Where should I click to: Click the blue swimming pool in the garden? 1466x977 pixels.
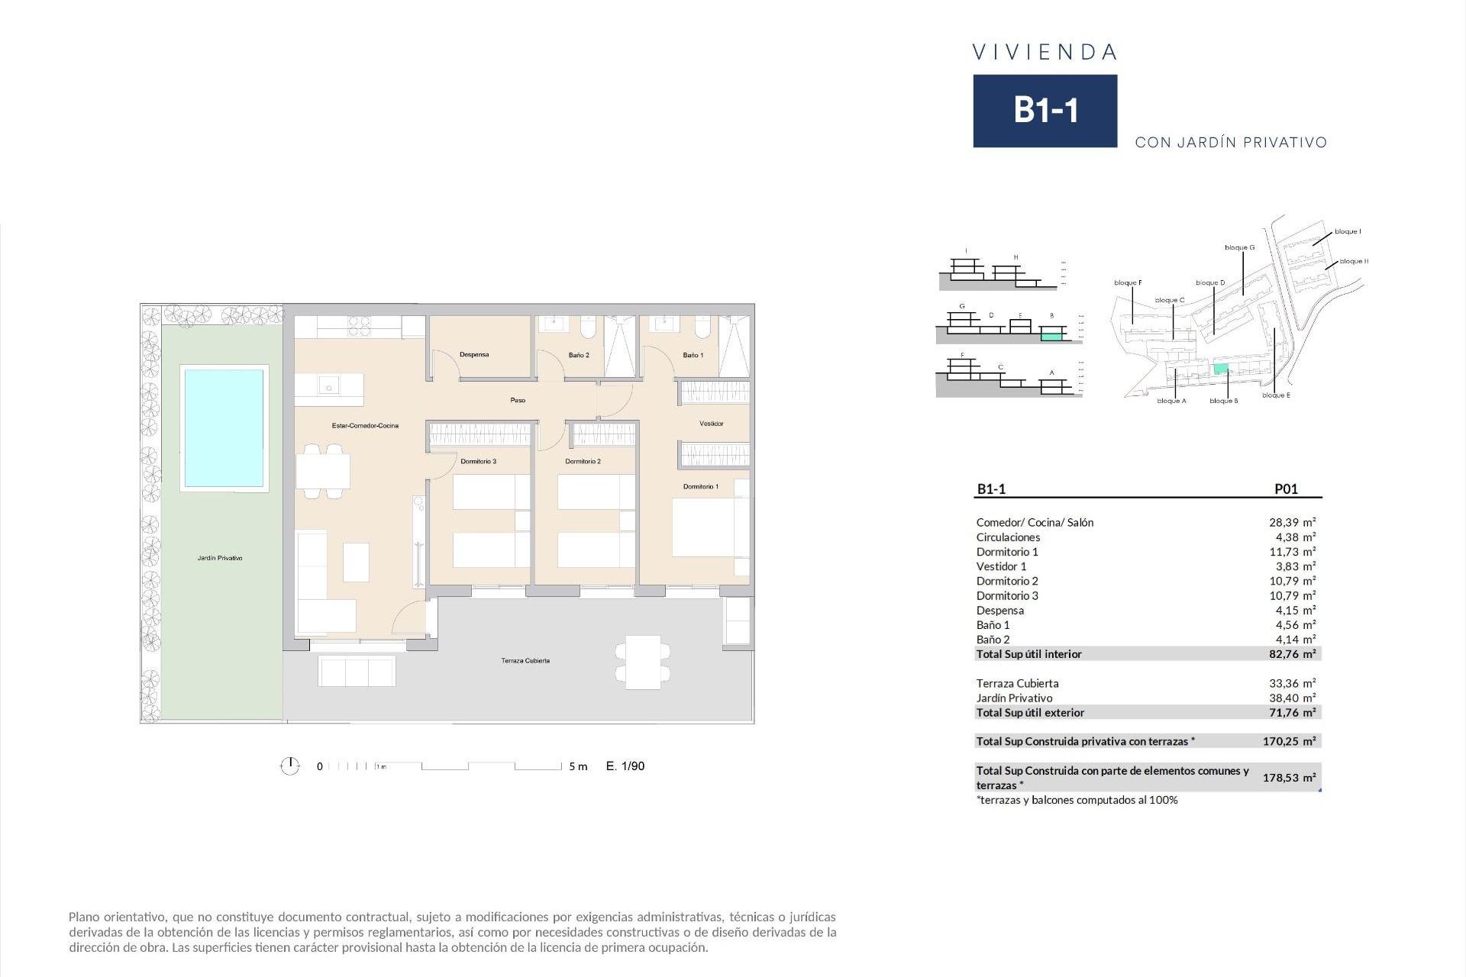[x=223, y=427]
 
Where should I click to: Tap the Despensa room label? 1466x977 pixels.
[x=474, y=355]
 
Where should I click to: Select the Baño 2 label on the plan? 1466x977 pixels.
[x=579, y=355]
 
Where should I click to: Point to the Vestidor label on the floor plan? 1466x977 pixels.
[x=711, y=424]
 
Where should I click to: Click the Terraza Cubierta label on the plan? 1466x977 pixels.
[x=525, y=661]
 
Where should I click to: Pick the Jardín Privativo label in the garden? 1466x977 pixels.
[x=220, y=558]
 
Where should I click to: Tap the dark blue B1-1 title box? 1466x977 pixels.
[x=1045, y=111]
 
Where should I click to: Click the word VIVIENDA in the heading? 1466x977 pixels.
[x=1045, y=52]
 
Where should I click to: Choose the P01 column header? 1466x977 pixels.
[x=1286, y=489]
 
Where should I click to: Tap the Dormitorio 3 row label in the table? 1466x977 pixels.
[x=1007, y=596]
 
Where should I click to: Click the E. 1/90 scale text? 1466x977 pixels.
[x=625, y=766]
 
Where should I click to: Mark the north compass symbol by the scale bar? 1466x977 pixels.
[x=290, y=766]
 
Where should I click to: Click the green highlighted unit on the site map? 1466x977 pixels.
[x=1221, y=369]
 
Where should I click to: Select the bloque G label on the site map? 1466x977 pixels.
[x=1239, y=248]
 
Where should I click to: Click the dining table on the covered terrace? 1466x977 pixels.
[x=643, y=662]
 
